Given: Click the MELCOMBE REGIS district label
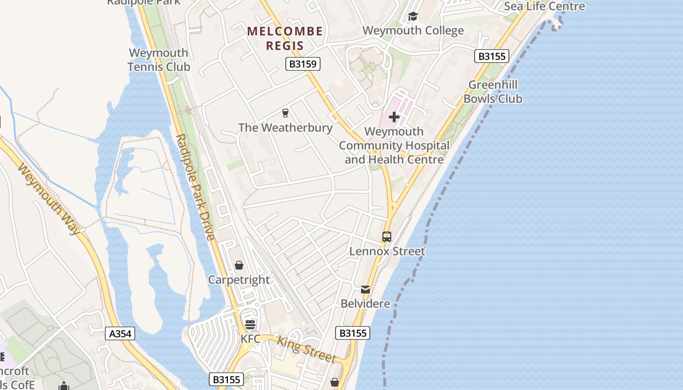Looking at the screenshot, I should [285, 39].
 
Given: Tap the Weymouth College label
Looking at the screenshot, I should [413, 30].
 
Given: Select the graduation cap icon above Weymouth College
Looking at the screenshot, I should [413, 17].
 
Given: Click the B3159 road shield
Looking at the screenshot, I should [302, 64].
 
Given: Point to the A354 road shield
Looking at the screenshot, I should [120, 333].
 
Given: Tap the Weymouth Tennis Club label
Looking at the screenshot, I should [159, 59].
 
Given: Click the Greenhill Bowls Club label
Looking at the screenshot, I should [493, 92].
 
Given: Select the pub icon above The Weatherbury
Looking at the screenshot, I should [285, 113].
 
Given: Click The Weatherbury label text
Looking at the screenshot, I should [285, 128].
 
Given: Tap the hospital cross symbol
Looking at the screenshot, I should [394, 117].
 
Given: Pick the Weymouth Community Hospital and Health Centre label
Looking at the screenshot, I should [394, 145].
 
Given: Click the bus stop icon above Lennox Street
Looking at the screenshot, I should [387, 237].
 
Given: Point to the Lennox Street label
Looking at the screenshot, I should [387, 252].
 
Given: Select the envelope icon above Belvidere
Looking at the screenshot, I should [365, 290].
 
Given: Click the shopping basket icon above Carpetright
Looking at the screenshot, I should [239, 266].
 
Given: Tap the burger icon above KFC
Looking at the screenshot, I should [250, 325].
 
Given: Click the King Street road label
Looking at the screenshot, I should [306, 350].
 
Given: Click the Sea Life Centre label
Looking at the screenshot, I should [544, 6].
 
